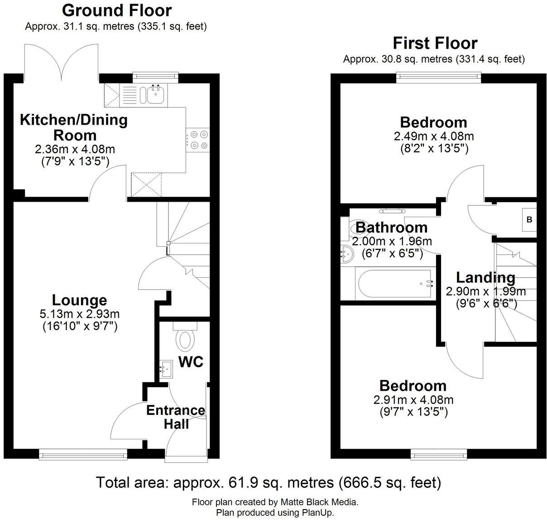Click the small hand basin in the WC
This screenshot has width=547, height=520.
click(x=166, y=369)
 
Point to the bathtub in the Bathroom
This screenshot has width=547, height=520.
click(x=394, y=284)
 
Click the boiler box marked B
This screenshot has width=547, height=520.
click(x=528, y=220)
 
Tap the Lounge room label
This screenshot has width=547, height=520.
click(x=80, y=300)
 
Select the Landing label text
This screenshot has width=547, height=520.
click(x=485, y=277)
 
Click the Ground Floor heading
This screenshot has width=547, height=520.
click(x=116, y=10)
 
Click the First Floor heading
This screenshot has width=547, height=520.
click(x=434, y=43)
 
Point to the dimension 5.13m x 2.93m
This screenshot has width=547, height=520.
click(x=80, y=314)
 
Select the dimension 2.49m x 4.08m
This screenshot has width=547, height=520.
click(x=433, y=136)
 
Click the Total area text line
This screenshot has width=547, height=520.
click(x=268, y=482)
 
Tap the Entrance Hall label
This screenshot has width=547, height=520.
click(x=175, y=417)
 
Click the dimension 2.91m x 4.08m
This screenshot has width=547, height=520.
click(x=413, y=400)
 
